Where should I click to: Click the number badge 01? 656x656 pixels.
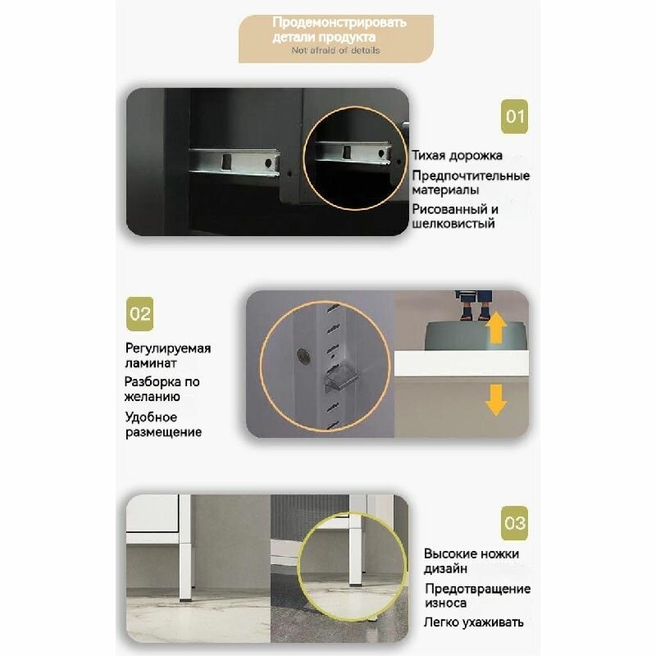(514, 116)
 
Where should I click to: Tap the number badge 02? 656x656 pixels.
(139, 314)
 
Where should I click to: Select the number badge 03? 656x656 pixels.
(514, 523)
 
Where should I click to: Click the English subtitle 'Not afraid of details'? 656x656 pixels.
(335, 50)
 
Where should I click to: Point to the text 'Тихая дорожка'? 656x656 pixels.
(457, 156)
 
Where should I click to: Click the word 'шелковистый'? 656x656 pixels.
(453, 223)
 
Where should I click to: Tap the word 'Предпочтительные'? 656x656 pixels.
(471, 175)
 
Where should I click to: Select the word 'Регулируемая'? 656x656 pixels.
(168, 348)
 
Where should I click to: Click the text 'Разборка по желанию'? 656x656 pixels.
(162, 389)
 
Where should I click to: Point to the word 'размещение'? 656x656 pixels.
(163, 432)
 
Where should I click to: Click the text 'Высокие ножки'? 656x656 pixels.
(471, 554)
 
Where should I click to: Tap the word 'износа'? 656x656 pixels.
(445, 603)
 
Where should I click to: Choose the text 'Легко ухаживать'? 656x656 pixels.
(474, 622)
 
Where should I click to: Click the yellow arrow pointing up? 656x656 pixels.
(496, 327)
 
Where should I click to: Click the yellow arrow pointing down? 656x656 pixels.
(496, 400)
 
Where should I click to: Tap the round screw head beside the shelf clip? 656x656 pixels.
(303, 356)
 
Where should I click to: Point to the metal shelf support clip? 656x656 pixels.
(339, 378)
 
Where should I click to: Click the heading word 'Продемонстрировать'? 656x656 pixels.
(339, 22)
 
